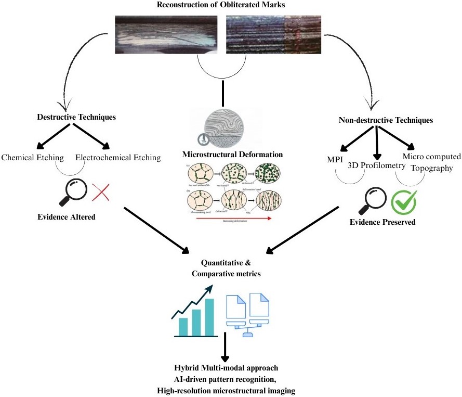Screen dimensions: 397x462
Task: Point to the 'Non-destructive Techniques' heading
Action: pos(386,120)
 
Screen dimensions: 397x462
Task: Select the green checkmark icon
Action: pos(403,201)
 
